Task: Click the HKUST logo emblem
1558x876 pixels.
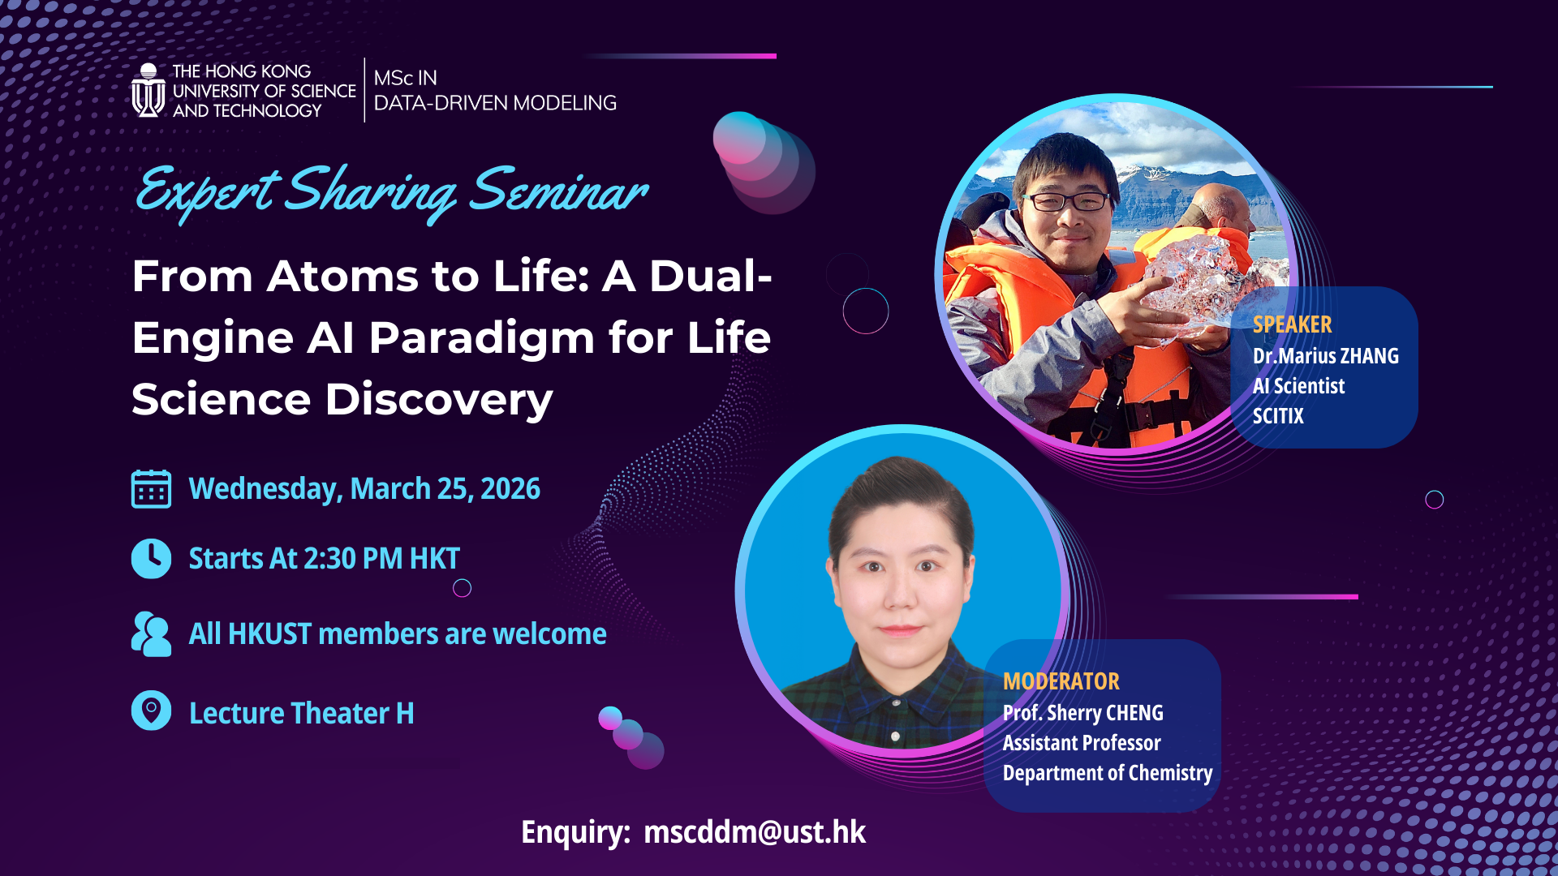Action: (x=148, y=91)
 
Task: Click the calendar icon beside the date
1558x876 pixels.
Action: (x=151, y=489)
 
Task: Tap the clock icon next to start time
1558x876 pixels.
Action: (x=151, y=558)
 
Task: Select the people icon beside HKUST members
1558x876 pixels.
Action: (x=151, y=633)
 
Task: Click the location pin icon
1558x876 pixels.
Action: (x=151, y=711)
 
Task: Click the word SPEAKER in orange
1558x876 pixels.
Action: (x=1292, y=324)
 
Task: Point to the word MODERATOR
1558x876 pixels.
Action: (x=1061, y=681)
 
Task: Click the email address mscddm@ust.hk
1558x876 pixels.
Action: (x=754, y=832)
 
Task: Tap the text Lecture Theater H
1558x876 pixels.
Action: (x=301, y=714)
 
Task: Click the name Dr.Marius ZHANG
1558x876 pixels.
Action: (x=1325, y=356)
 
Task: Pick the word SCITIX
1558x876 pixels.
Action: (x=1278, y=416)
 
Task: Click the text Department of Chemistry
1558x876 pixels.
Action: (x=1107, y=773)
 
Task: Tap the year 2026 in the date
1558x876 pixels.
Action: (x=510, y=489)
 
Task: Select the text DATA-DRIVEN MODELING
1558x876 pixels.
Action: (x=495, y=103)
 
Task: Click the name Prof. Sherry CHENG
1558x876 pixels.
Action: (x=1082, y=713)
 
